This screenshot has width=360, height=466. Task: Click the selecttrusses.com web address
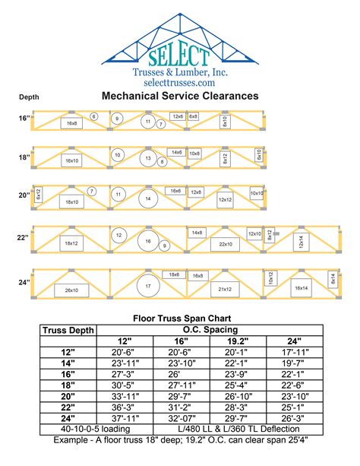pos(179,81)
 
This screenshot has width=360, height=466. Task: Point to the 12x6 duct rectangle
pos(177,116)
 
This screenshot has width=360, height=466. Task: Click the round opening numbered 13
pos(150,160)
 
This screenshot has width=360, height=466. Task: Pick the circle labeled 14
pos(148,199)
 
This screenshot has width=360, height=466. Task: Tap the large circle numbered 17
pos(148,287)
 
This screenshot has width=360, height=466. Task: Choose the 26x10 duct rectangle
pos(72,290)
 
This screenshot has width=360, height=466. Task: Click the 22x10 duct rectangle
pos(226,244)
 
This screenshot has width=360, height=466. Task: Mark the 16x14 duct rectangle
pos(301,288)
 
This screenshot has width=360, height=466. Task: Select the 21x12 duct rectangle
pos(225,290)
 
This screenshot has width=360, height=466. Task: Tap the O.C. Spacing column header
pos(211,329)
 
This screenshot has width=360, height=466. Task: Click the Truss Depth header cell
pos(69,329)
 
